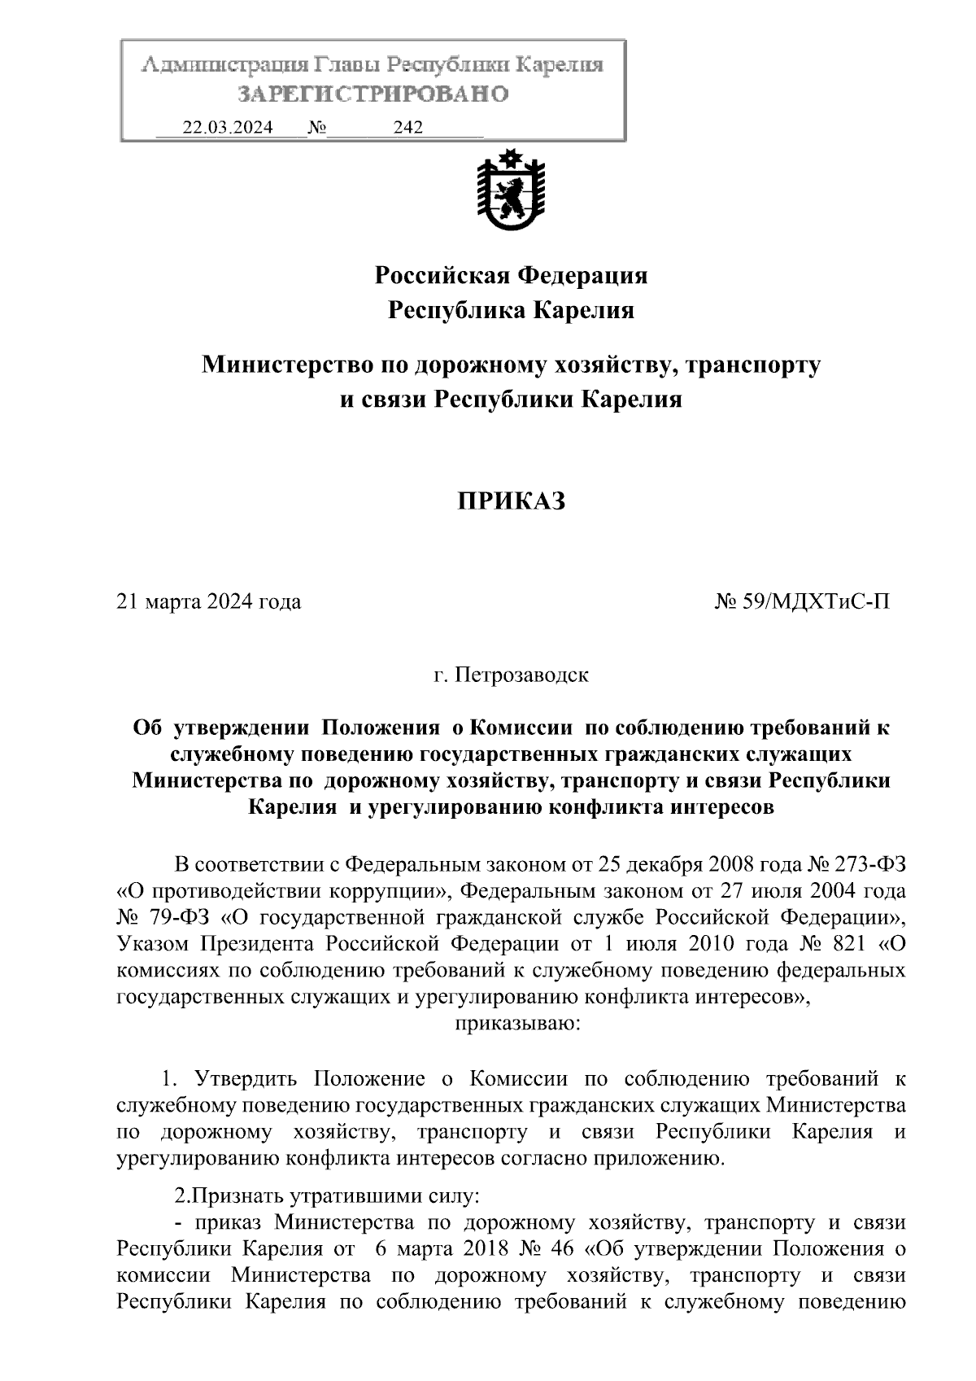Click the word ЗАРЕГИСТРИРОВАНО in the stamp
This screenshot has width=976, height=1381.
pyautogui.click(x=373, y=94)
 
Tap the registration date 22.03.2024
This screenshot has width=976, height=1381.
pyautogui.click(x=228, y=128)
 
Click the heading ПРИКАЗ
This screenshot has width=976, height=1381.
pyautogui.click(x=511, y=501)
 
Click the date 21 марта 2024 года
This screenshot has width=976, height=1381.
pyautogui.click(x=209, y=602)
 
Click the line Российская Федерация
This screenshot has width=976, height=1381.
pyautogui.click(x=511, y=276)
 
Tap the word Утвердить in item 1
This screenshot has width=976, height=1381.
pyautogui.click(x=248, y=1080)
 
